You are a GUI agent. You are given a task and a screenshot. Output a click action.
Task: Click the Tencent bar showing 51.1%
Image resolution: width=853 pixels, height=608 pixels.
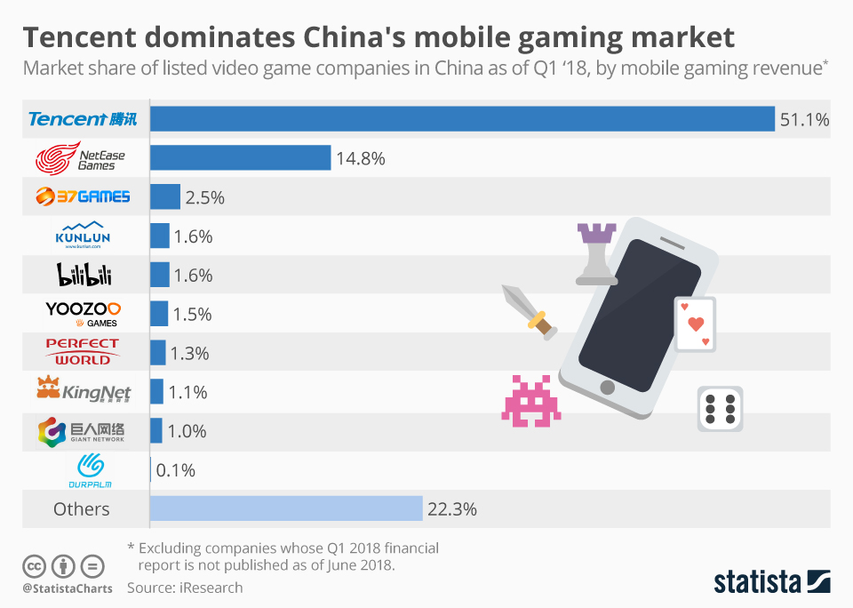(462, 119)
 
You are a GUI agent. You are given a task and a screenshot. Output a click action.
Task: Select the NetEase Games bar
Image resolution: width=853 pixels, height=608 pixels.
(240, 158)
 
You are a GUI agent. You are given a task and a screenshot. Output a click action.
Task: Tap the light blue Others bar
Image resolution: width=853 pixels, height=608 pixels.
(286, 508)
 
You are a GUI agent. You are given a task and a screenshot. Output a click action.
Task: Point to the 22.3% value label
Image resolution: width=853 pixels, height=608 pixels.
(453, 509)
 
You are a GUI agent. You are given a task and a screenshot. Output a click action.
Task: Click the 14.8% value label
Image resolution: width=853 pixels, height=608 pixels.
(360, 159)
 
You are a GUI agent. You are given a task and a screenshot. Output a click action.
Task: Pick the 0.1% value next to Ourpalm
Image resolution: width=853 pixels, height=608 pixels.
(175, 470)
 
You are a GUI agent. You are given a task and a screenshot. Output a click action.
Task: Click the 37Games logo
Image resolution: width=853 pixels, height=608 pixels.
(83, 196)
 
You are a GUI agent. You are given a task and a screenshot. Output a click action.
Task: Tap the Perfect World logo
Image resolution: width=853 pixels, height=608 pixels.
(83, 352)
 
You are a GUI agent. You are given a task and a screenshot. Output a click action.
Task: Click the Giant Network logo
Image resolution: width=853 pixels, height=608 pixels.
(82, 431)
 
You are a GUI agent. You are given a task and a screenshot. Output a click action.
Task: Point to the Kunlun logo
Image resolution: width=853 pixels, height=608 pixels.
(81, 236)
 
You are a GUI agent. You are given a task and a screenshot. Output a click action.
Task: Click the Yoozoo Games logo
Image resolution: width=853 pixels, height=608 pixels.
(83, 313)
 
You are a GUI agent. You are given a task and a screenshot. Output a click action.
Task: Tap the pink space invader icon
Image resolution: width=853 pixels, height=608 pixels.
(531, 401)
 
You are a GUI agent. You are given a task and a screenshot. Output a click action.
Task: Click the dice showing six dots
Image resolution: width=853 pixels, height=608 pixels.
(719, 409)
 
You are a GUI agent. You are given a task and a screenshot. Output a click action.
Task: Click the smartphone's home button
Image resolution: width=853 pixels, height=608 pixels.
(608, 387)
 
